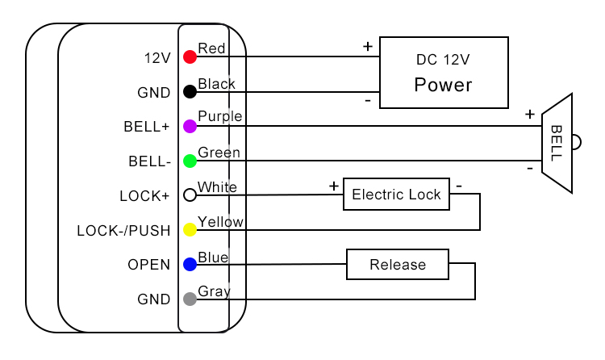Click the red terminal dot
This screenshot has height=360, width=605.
pos(190,57)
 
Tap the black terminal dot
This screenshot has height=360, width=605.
pos(190,92)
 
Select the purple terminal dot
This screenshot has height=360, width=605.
pos(190,126)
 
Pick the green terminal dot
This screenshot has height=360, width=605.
pos(190,161)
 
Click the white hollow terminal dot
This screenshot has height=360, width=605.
pos(190,195)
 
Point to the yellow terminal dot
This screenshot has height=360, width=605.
pos(190,230)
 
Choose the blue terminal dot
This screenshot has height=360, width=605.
pos(190,264)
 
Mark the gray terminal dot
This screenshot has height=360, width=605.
pos(190,299)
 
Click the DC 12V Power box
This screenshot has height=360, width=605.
pos(444,73)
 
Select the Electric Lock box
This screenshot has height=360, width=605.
pos(396,195)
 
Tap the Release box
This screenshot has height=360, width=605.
pos(398,265)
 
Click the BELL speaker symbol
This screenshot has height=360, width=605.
pos(558,143)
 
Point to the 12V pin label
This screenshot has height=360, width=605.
pos(157,58)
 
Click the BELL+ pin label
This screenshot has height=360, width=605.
pos(147,127)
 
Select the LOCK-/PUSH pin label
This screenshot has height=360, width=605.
pos(123,231)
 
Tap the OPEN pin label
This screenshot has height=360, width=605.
pos(148,265)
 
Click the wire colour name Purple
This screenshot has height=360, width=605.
pos(219,116)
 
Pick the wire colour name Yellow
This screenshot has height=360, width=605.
pos(220,221)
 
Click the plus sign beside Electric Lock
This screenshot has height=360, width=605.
pos(333,186)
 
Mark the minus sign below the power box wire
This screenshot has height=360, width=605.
pos(368,100)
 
